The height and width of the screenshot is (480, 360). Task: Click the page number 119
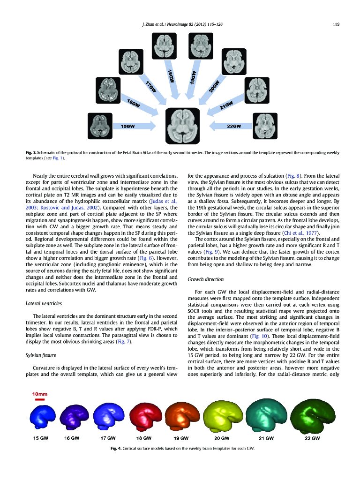point(336,24)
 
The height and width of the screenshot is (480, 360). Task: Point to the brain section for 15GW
point(100,126)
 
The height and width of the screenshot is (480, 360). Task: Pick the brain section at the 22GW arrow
point(265,126)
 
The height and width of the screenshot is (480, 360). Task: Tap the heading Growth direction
point(206,279)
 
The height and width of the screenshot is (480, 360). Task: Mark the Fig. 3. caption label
point(30,153)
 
